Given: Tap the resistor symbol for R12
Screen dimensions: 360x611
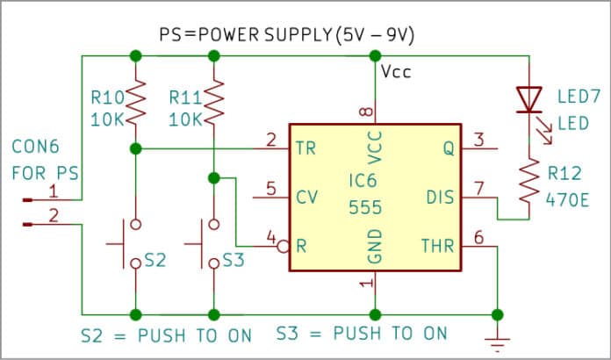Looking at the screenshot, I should [x=528, y=181].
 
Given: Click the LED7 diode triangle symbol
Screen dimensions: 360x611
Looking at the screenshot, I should [x=528, y=98].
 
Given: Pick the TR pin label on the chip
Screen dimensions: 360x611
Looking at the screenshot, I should [x=307, y=149].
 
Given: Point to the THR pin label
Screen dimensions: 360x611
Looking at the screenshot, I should [x=436, y=247].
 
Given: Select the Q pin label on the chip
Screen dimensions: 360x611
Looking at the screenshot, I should [x=448, y=149].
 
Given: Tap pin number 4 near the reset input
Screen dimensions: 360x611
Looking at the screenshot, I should [x=272, y=237].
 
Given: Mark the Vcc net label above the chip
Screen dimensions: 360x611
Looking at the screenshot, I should [x=396, y=72].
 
